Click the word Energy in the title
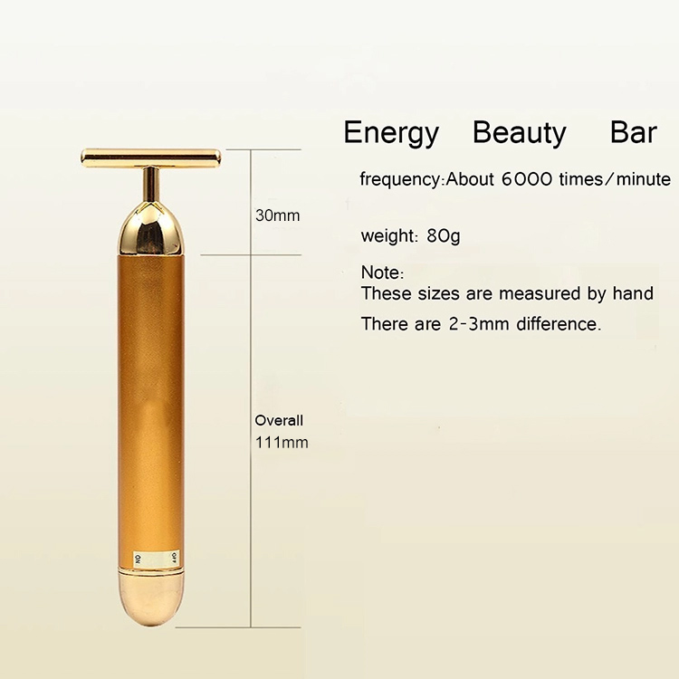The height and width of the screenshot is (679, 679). tap(391, 134)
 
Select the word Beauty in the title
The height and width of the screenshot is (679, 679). tap(520, 134)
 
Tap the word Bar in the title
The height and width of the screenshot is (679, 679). tap(634, 132)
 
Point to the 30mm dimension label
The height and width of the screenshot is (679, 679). tap(278, 215)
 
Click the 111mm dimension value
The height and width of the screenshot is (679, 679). tap(282, 443)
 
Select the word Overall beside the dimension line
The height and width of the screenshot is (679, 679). tap(279, 420)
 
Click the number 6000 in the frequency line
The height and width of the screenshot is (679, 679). tap(527, 179)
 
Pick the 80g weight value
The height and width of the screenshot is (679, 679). tap(443, 236)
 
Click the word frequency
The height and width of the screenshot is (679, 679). tap(399, 179)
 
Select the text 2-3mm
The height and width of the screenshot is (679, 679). tap(479, 324)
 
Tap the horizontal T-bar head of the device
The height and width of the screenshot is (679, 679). tap(150, 158)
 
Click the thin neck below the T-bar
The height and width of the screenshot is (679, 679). tap(151, 185)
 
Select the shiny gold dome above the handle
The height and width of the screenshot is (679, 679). tap(149, 229)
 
